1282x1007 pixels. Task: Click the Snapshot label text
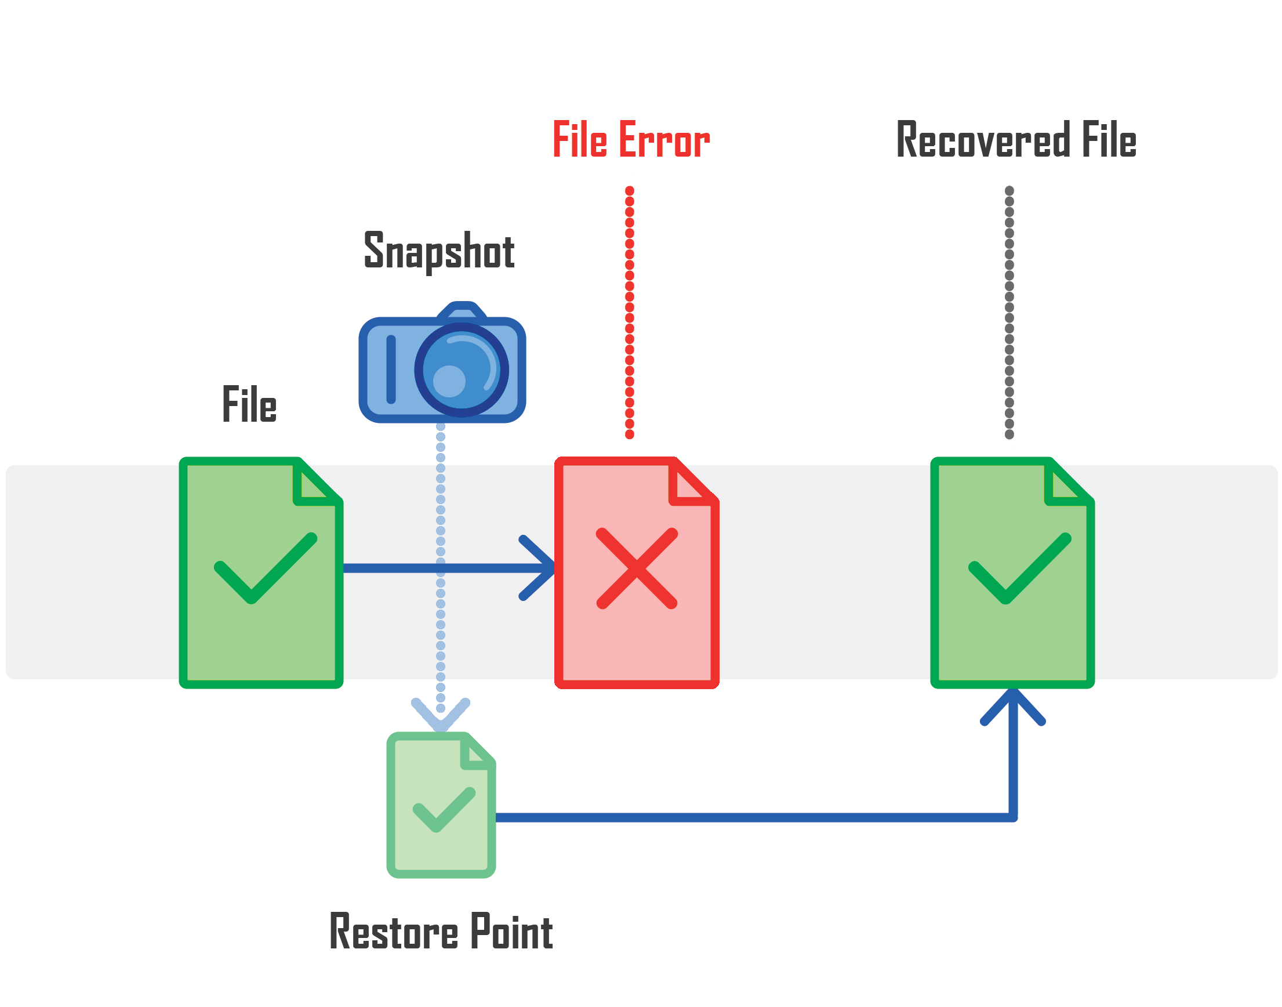[438, 251]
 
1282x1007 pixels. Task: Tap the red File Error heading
[630, 140]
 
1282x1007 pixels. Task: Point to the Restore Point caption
[440, 932]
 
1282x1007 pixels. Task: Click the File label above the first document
[249, 404]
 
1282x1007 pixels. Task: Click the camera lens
[461, 370]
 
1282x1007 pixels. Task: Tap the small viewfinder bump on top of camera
[462, 311]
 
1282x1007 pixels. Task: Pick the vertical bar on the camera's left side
[391, 370]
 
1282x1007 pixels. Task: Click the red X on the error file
[637, 568]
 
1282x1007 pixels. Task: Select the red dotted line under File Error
[630, 313]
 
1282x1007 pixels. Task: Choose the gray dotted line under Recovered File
[1009, 313]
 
